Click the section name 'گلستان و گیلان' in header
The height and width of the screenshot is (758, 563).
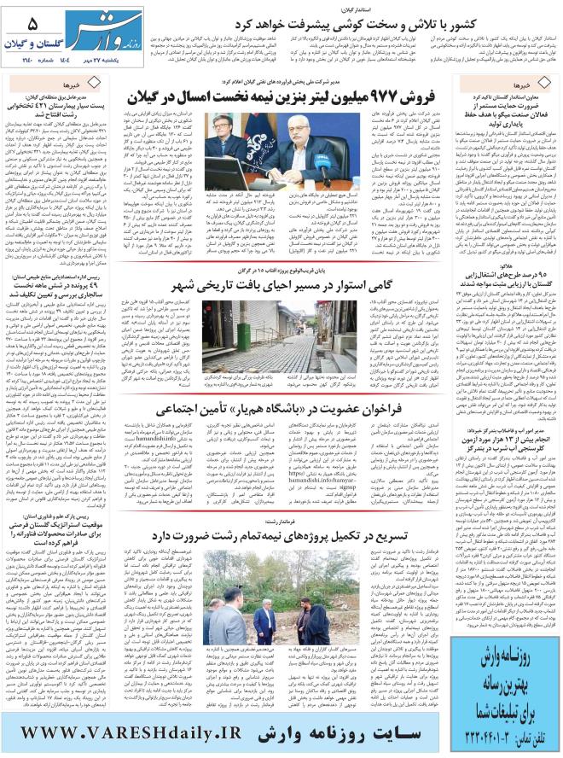click(30, 42)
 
